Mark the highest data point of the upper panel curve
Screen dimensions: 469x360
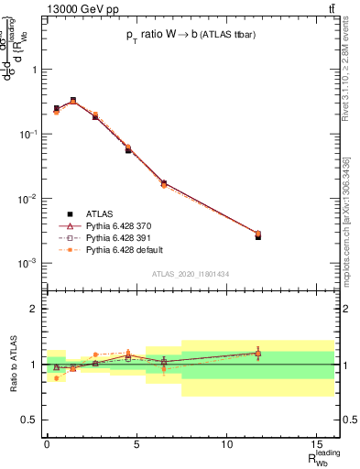click(73, 101)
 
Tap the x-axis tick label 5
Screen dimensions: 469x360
click(136, 443)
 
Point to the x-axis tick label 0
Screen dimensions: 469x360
click(47, 443)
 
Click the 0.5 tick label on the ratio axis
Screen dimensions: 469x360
click(30, 420)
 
